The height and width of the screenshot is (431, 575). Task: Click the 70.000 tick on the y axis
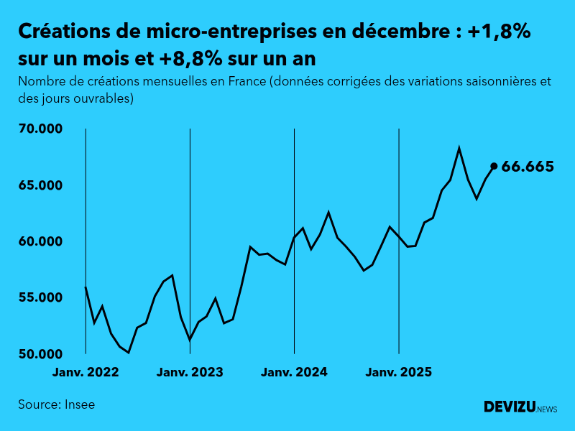[42, 129]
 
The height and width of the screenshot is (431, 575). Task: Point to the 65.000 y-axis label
[42, 185]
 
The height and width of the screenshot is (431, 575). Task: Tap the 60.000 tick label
[42, 241]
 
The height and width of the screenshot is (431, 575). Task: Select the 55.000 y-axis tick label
[42, 298]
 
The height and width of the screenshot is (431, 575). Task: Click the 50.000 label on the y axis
[42, 354]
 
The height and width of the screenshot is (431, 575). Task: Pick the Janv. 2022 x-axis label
[86, 372]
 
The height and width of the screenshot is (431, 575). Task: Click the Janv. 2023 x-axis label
[190, 372]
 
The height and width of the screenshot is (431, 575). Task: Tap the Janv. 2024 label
[294, 372]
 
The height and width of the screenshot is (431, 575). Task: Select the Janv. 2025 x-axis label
[399, 372]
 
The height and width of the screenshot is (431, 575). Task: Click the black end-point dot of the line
[494, 166]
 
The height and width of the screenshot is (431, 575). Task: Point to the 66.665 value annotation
[528, 167]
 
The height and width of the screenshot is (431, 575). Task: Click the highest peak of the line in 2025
[459, 149]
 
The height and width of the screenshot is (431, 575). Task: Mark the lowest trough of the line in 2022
[129, 353]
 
